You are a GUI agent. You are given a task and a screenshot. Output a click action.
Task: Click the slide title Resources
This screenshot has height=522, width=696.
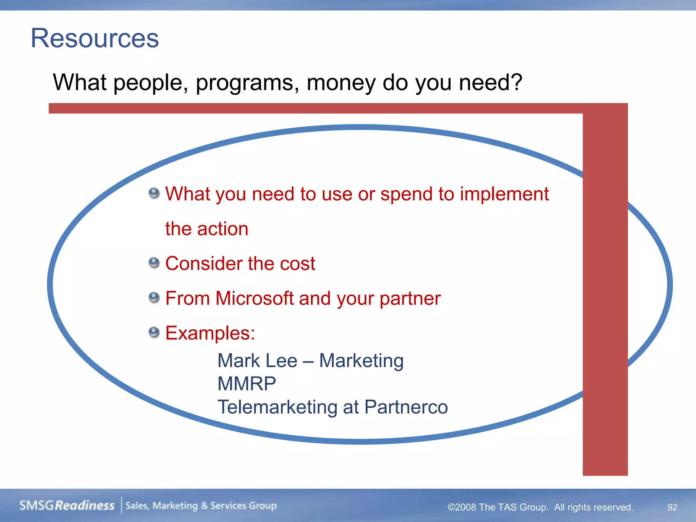[x=95, y=38]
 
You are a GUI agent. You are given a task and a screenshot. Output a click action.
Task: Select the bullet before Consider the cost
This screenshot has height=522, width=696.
[x=154, y=263]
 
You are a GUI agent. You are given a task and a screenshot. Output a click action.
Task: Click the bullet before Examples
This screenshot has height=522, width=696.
[x=154, y=332]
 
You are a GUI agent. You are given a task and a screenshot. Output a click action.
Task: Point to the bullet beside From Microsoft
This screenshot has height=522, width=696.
[x=154, y=298]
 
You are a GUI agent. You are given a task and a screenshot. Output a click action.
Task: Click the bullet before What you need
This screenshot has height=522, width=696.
[x=154, y=193]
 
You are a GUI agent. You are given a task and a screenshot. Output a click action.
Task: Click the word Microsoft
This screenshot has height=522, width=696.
[x=254, y=298]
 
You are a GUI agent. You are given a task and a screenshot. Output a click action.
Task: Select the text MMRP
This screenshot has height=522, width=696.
[x=246, y=384]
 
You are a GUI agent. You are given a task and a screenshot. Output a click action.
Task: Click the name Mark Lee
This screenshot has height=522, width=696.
[x=257, y=361]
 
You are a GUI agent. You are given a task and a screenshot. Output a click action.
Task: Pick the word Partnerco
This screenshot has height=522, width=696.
[x=406, y=407]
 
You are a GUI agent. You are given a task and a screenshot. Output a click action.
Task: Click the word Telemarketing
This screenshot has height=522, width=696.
[x=277, y=407]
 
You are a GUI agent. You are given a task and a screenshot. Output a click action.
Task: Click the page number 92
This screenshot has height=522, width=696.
[x=672, y=507]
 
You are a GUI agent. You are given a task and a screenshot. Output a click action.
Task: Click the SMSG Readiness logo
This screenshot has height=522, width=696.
[x=67, y=505]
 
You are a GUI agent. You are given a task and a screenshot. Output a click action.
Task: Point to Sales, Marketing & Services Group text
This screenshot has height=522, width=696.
[x=201, y=506]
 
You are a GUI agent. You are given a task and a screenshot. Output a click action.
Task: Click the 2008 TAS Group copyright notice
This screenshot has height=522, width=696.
[x=540, y=507]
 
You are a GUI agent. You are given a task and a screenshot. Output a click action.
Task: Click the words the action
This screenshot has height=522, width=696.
[x=207, y=229]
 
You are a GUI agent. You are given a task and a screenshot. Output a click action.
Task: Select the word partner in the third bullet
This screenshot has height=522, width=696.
[x=410, y=298]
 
